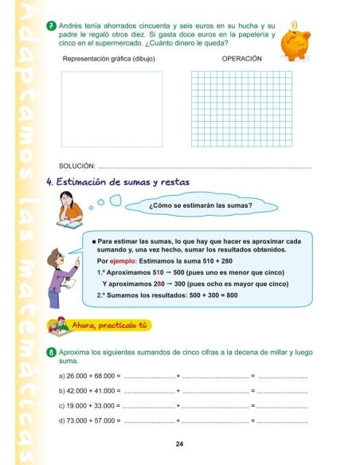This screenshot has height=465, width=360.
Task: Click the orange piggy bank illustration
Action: [x=295, y=41]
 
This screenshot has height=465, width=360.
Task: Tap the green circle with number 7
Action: [x=51, y=27]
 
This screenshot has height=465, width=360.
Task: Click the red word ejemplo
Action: [x=126, y=261]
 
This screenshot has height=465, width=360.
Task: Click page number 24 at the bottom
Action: [x=180, y=444]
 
